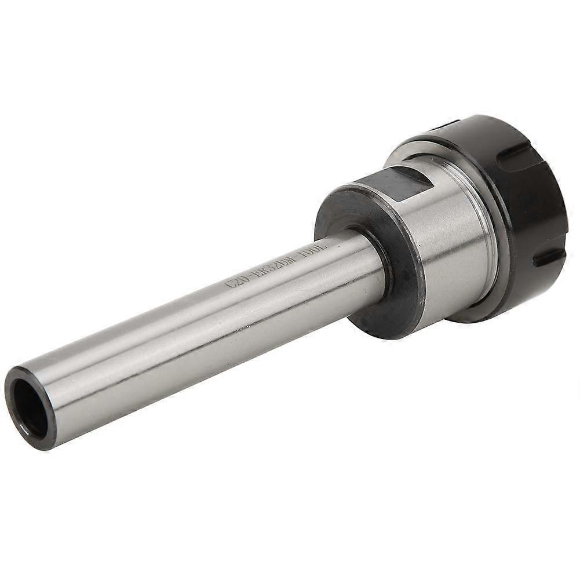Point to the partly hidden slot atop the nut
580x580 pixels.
[x=446, y=125]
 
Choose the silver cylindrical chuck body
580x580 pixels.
[x=452, y=243]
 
